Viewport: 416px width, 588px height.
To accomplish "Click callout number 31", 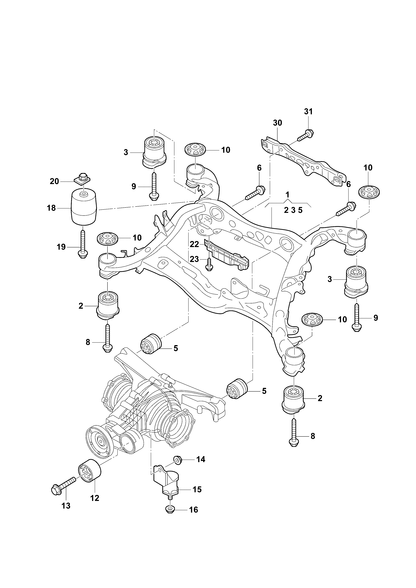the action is coord(308,112).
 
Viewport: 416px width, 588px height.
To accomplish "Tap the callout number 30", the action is coord(278,123).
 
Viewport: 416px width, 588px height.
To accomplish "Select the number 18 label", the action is coord(51,208).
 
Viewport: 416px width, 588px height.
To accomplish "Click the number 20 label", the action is coord(54,181).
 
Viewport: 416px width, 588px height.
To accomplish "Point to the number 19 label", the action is coord(61,247).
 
